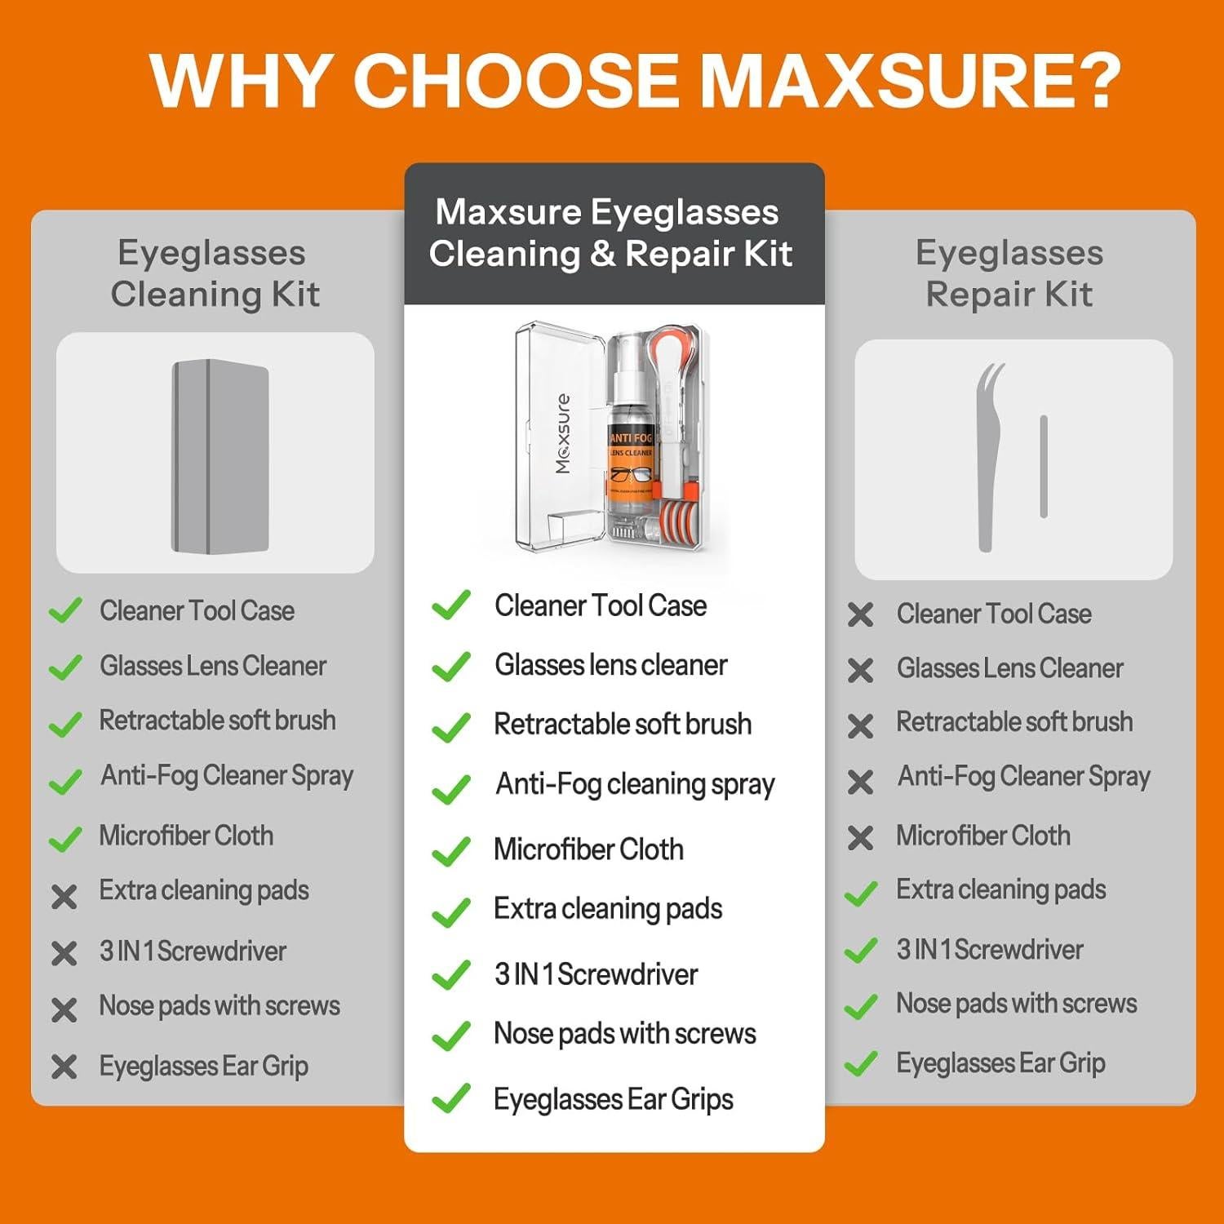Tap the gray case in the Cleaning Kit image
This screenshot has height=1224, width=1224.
[220, 456]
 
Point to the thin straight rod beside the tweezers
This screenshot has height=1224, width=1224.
[1043, 466]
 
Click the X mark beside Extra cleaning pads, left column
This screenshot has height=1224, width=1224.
[64, 897]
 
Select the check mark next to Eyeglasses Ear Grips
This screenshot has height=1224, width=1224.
[450, 1098]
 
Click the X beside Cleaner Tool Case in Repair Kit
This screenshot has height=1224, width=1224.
[860, 614]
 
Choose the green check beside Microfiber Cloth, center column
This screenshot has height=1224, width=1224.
[450, 851]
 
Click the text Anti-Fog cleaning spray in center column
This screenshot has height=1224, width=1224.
[635, 784]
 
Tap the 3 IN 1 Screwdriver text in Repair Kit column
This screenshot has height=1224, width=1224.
[989, 950]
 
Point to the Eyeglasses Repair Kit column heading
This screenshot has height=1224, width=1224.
[1009, 273]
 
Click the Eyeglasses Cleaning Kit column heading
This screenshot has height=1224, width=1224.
[213, 273]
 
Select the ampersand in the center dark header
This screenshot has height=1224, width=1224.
[601, 254]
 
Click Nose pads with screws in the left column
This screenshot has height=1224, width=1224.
[220, 1005]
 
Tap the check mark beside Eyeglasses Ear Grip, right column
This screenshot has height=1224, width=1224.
[860, 1064]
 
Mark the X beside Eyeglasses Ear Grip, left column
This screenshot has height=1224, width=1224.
[64, 1067]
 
